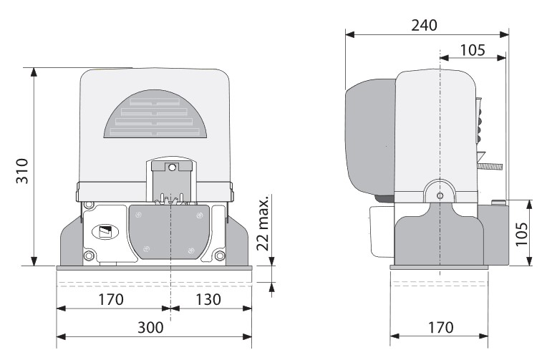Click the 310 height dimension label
click(x=22, y=170)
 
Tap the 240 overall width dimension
click(x=425, y=25)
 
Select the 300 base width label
click(x=150, y=328)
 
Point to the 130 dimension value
click(x=208, y=299)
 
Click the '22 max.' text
click(x=263, y=223)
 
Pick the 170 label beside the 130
click(x=111, y=299)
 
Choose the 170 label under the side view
click(x=440, y=328)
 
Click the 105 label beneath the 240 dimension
click(x=473, y=50)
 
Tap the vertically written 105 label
click(x=522, y=234)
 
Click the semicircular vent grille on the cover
click(x=155, y=114)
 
